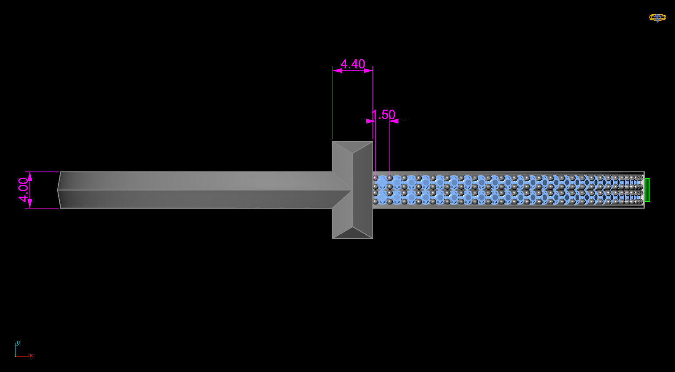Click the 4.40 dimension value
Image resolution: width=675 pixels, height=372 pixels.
coord(352,64)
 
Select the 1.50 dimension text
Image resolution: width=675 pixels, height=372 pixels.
coord(384,115)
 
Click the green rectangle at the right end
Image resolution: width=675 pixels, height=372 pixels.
coord(647,190)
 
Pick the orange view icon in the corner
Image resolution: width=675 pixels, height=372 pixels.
coord(657,17)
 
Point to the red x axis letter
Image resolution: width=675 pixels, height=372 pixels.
coord(31,356)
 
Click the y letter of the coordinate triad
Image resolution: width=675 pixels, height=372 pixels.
coord(18,343)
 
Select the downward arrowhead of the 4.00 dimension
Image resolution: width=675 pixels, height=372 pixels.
coord(30,204)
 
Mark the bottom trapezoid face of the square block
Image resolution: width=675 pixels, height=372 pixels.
coord(352,232)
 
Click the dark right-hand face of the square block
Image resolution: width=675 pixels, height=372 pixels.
coord(363,190)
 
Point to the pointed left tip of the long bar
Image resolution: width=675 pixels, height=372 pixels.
coord(59,190)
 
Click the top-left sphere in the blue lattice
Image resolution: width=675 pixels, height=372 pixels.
coord(375,178)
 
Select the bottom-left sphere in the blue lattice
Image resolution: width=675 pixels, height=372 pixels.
coord(375,201)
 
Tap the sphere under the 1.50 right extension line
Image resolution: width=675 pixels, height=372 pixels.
coord(389,178)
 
